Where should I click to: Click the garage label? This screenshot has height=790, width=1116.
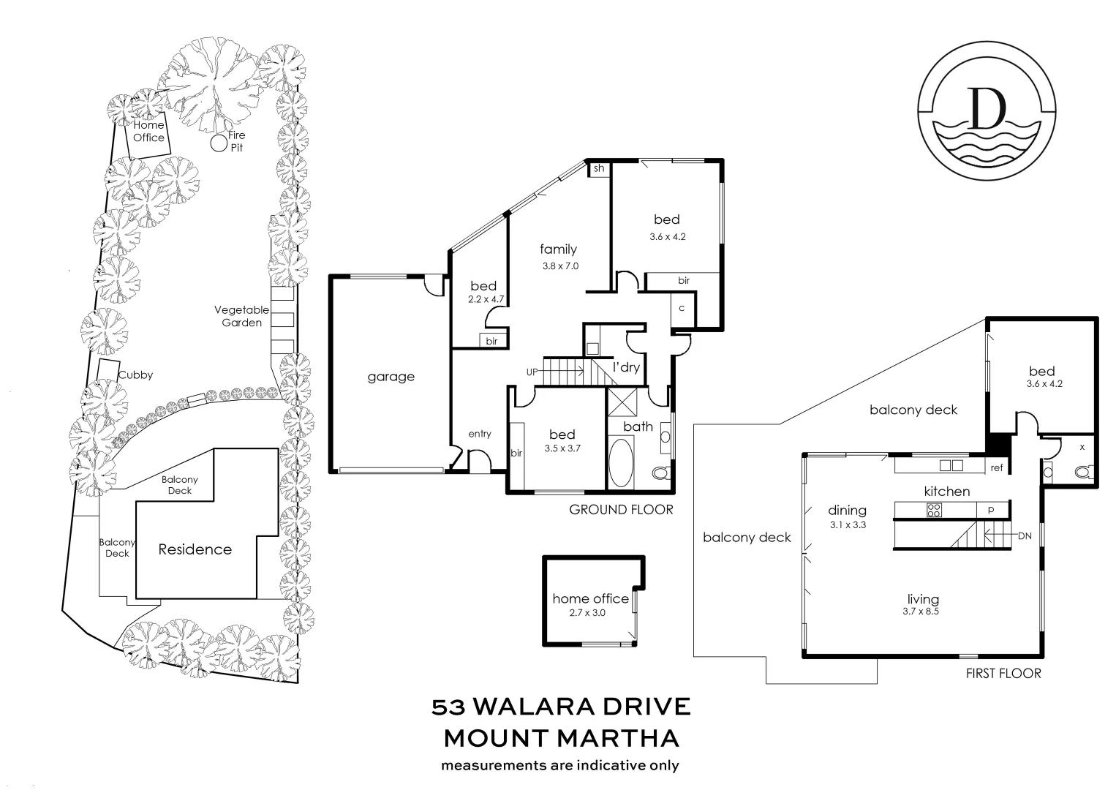391,377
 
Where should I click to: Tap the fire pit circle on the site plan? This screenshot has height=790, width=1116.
219,143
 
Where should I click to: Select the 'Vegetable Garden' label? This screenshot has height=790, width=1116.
241,316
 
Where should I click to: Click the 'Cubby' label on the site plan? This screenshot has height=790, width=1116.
136,375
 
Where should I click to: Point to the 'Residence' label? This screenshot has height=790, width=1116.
195,549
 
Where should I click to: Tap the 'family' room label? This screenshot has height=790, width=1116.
559,249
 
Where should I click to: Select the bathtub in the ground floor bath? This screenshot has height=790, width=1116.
622,462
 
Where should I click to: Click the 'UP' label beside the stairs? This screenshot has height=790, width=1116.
532,372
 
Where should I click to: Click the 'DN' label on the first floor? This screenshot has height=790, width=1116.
1025,535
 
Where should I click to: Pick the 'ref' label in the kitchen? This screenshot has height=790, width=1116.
997,468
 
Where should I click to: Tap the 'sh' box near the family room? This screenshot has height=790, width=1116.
599,168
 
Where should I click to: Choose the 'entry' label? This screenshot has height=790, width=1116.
480,434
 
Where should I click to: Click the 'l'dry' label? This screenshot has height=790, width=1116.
626,367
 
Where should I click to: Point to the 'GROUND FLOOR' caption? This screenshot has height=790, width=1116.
621,509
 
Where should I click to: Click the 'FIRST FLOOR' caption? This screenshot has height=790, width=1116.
1003,673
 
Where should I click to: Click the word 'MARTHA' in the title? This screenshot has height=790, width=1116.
618,738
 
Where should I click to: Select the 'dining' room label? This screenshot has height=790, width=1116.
847,511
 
